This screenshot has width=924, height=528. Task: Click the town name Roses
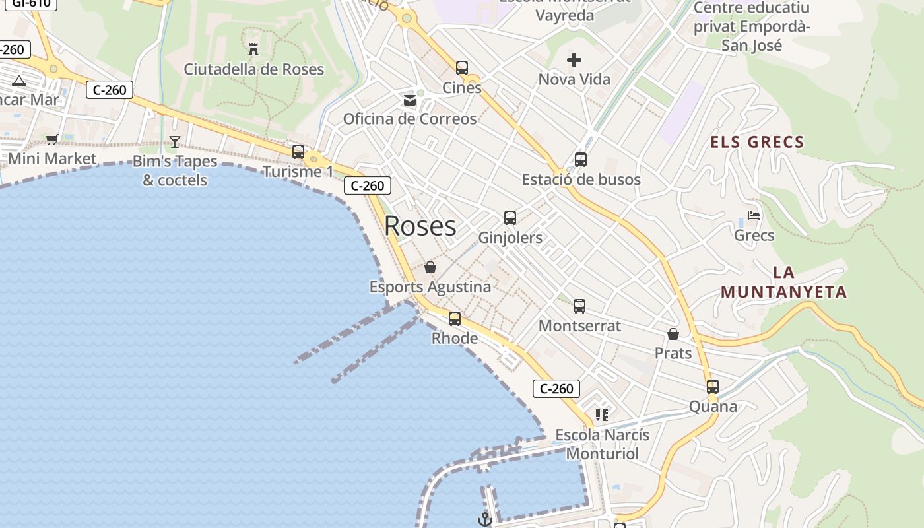pyautogui.click(x=420, y=226)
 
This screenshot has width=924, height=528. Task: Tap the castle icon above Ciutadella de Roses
pyautogui.click(x=253, y=49)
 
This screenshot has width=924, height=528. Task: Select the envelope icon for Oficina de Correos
pyautogui.click(x=410, y=100)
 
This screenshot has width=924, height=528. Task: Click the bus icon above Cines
pyautogui.click(x=462, y=67)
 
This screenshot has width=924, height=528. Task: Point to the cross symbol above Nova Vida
pyautogui.click(x=574, y=61)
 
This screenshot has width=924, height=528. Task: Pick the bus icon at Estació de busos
pyautogui.click(x=581, y=159)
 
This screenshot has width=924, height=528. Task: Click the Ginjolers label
pyautogui.click(x=510, y=238)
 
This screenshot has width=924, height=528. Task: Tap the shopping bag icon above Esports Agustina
pyautogui.click(x=430, y=267)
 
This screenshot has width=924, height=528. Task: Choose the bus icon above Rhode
pyautogui.click(x=455, y=319)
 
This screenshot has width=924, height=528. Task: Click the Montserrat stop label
pyautogui.click(x=579, y=325)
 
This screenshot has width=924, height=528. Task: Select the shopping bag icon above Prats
pyautogui.click(x=673, y=334)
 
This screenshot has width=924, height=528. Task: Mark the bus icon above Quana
pyautogui.click(x=713, y=387)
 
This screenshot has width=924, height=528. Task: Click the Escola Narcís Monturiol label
pyautogui.click(x=602, y=444)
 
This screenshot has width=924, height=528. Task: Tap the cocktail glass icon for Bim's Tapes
pyautogui.click(x=174, y=141)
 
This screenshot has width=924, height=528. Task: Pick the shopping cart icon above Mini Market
pyautogui.click(x=52, y=139)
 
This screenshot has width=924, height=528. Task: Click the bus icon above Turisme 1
pyautogui.click(x=298, y=152)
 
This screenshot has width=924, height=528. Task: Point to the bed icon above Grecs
pyautogui.click(x=754, y=216)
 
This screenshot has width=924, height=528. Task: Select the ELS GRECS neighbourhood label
pyautogui.click(x=757, y=142)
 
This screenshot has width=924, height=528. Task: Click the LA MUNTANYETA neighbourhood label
pyautogui.click(x=783, y=282)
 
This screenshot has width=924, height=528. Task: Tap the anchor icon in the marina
pyautogui.click(x=485, y=519)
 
